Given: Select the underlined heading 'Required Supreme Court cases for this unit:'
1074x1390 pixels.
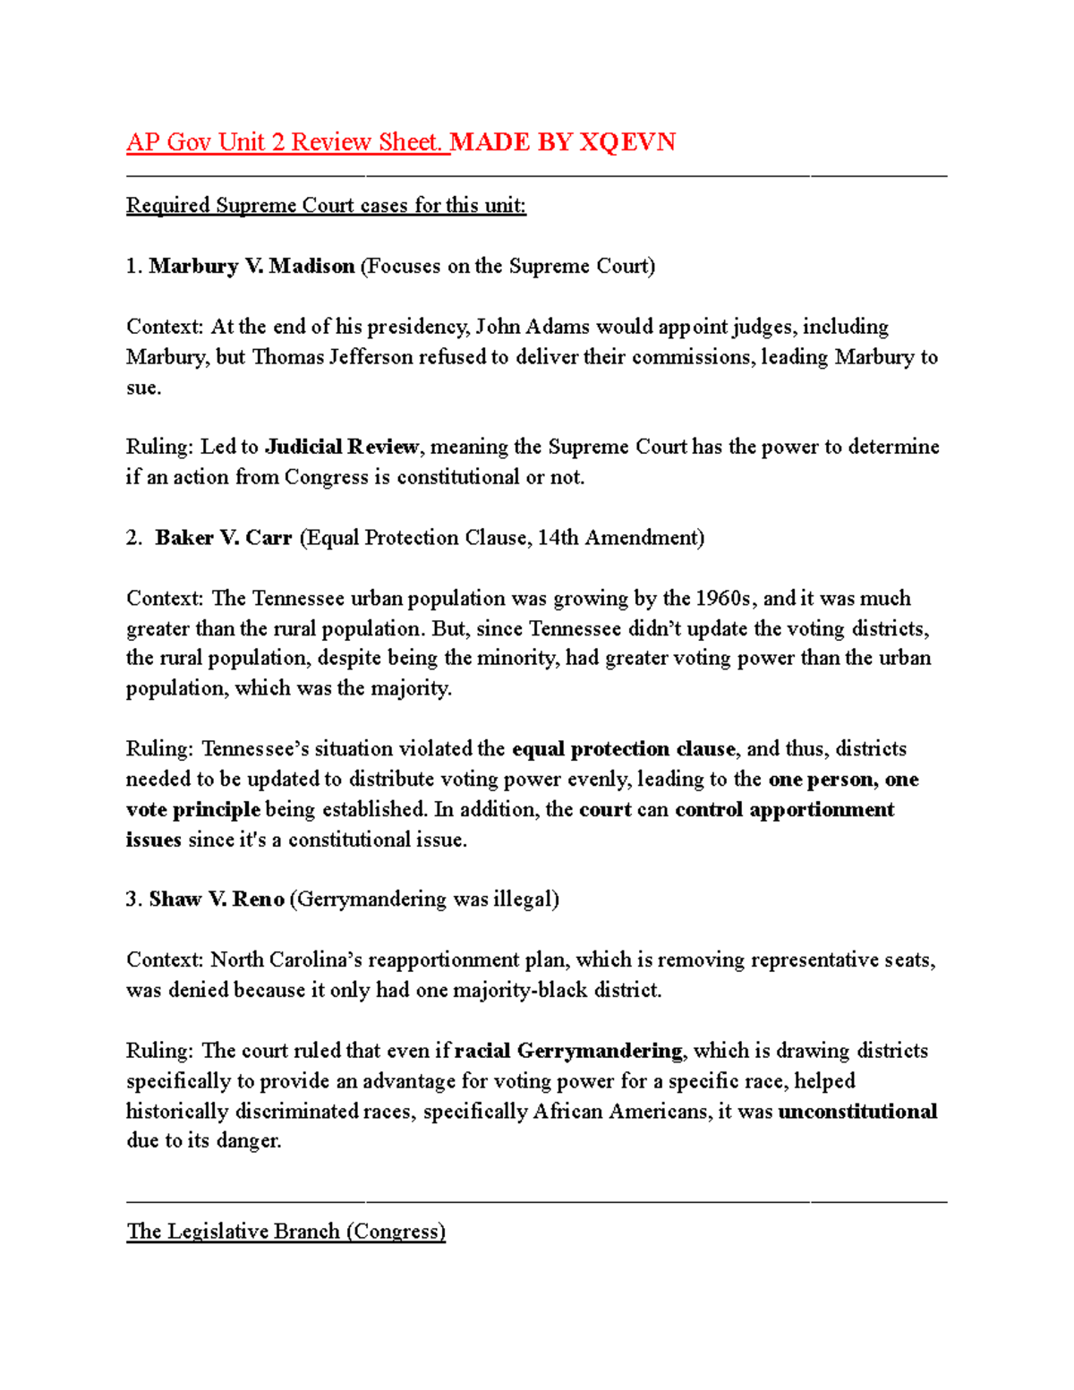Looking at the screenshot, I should (326, 206).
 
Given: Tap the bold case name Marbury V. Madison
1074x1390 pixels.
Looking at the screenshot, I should (251, 266).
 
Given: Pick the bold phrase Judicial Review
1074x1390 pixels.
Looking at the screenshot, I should (342, 447).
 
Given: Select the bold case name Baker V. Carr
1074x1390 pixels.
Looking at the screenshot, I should (224, 538).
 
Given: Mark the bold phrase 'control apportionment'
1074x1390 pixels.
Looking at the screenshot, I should (784, 809).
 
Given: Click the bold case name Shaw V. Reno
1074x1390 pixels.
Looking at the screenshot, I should (217, 899).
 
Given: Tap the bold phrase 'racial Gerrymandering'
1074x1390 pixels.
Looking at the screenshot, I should (568, 1051).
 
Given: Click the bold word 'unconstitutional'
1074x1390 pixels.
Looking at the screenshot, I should (857, 1112).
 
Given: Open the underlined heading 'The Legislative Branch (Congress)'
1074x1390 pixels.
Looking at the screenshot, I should (286, 1232).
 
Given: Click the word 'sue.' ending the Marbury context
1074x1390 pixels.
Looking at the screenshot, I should (143, 388).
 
